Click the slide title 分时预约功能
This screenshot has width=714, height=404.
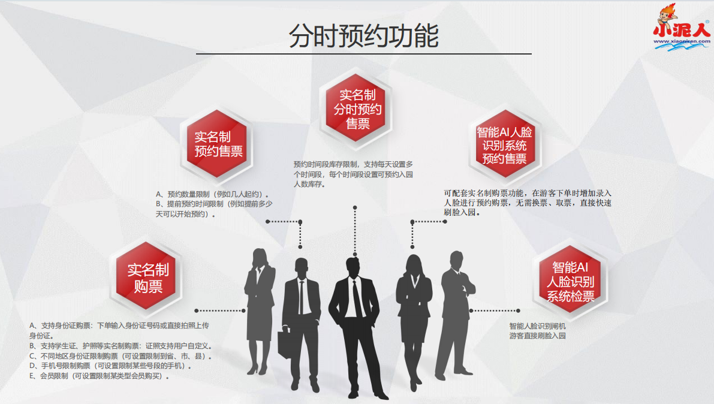pos(363,35)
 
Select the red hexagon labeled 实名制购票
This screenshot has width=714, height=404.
pos(147,278)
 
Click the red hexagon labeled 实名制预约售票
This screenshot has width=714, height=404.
pos(218,143)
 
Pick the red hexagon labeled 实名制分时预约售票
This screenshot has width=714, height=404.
pos(358,109)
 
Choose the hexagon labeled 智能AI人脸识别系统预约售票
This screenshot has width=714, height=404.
pos(504,144)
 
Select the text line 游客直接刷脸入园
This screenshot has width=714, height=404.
pos(537,336)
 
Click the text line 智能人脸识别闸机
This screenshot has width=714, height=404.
pos(537,326)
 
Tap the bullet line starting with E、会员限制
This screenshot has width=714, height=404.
pos(99,376)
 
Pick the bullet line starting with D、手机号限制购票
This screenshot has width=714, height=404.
pos(110,366)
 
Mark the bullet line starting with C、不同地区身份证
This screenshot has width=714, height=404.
pos(120,356)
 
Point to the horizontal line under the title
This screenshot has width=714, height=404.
pos(363,54)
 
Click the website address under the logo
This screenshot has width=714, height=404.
pos(681,42)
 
